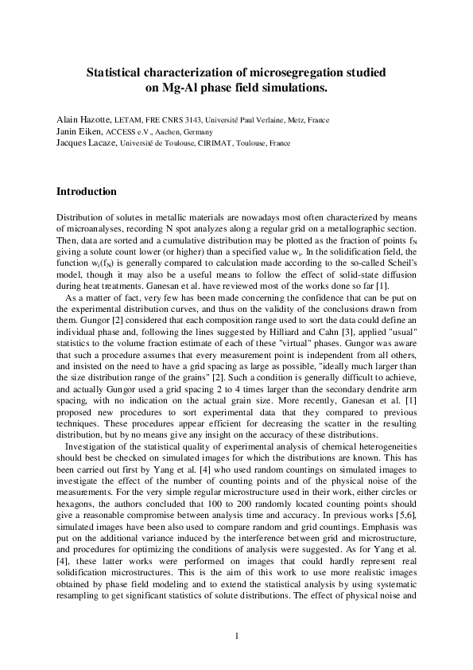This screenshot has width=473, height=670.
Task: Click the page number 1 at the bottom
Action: pyautogui.click(x=236, y=636)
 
